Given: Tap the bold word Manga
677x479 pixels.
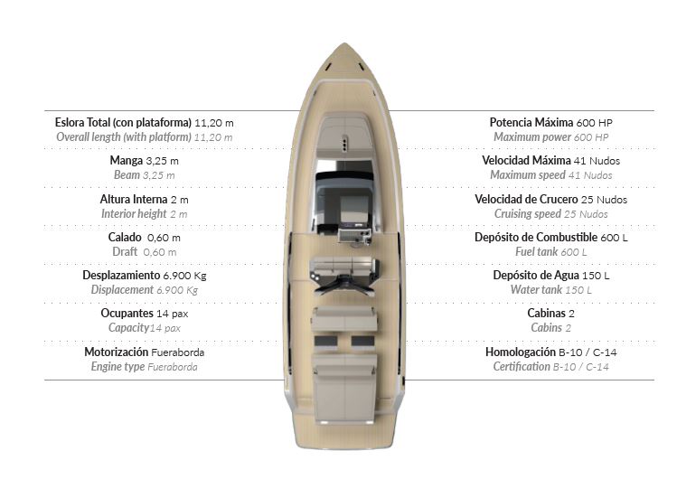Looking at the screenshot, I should click(x=126, y=161).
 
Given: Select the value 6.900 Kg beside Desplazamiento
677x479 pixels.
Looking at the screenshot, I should click(x=184, y=275).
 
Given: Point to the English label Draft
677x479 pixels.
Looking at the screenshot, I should click(x=125, y=251).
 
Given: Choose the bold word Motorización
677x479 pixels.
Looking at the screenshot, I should click(x=117, y=352).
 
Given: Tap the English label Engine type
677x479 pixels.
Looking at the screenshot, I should click(x=118, y=366).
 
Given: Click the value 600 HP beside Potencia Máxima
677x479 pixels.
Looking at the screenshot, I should click(x=592, y=122).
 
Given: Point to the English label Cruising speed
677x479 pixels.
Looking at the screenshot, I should click(x=528, y=214).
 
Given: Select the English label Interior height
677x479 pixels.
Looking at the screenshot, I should click(x=134, y=214).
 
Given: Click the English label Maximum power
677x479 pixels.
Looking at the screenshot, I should click(x=532, y=136).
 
